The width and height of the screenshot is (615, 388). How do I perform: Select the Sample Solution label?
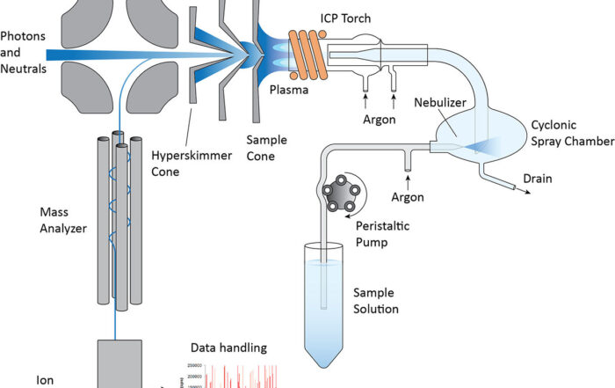click(x=376, y=300)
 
